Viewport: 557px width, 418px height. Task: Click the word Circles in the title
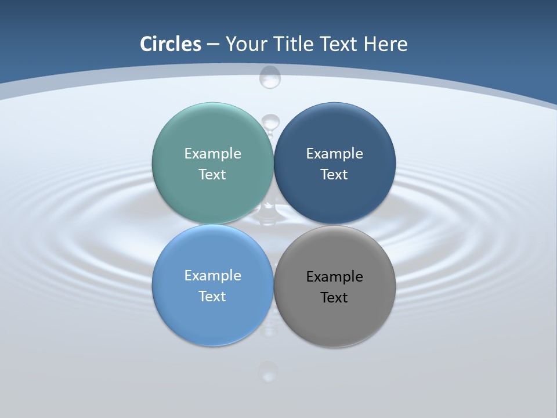171,44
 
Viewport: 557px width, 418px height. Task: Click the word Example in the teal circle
212,154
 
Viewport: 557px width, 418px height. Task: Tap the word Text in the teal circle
212,175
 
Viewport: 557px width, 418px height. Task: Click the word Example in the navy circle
334,154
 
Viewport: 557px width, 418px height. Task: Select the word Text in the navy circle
334,175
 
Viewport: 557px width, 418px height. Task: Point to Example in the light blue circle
212,276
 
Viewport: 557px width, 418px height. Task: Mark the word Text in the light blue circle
212,297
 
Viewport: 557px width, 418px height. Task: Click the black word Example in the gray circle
334,277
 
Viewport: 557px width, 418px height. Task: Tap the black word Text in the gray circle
334,298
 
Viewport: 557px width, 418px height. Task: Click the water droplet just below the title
270,77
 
